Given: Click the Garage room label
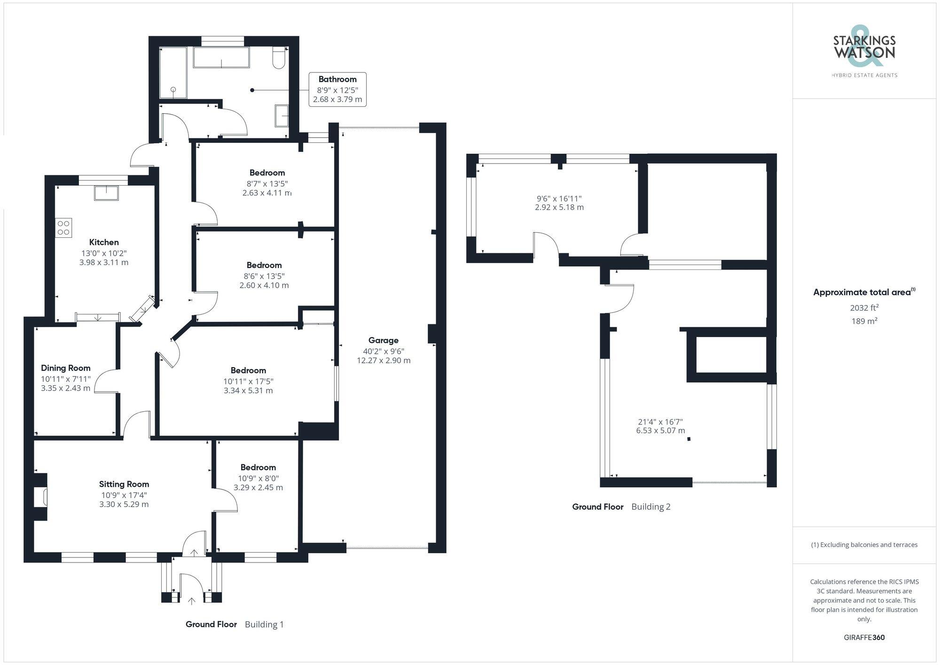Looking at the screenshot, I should pyautogui.click(x=383, y=340).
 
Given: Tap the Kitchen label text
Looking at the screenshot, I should pyautogui.click(x=104, y=242).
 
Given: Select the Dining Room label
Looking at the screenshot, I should pyautogui.click(x=65, y=368).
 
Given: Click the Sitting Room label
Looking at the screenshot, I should pyautogui.click(x=124, y=484).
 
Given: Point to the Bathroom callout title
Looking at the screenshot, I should pyautogui.click(x=337, y=79).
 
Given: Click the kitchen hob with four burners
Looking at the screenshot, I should pyautogui.click(x=63, y=228).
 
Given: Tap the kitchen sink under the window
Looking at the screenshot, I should pyautogui.click(x=106, y=193).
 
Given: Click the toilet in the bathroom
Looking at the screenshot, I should pyautogui.click(x=279, y=58).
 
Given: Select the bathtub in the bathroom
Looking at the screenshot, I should pyautogui.click(x=221, y=57).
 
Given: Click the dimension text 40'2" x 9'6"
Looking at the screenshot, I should pyautogui.click(x=383, y=351).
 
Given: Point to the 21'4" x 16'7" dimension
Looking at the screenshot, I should pyautogui.click(x=660, y=422).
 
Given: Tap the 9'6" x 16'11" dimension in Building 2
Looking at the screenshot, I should pyautogui.click(x=559, y=199).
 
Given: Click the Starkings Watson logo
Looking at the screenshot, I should pyautogui.click(x=864, y=52).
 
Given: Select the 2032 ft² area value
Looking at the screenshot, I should pyautogui.click(x=864, y=308).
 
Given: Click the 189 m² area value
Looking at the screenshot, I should pyautogui.click(x=864, y=321).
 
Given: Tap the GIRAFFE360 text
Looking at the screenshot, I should pyautogui.click(x=864, y=637).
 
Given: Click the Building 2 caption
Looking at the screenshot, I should pyautogui.click(x=650, y=507).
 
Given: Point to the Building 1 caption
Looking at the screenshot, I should pyautogui.click(x=264, y=624).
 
